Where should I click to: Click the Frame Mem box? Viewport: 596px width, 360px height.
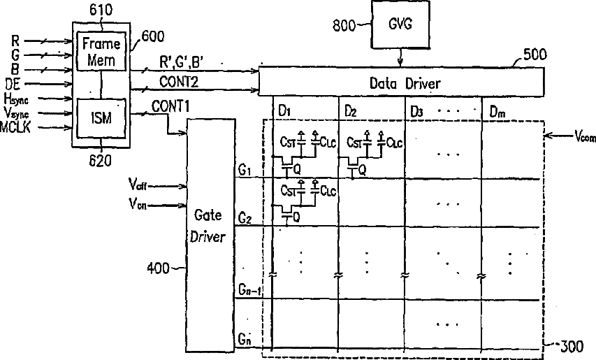[102, 50]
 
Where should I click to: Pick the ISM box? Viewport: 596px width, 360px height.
[102, 117]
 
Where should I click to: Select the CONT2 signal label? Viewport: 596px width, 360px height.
[178, 82]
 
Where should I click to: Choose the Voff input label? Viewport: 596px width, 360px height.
[140, 185]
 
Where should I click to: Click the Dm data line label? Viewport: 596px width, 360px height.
[497, 112]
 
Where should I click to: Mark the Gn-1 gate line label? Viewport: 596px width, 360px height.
[249, 289]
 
